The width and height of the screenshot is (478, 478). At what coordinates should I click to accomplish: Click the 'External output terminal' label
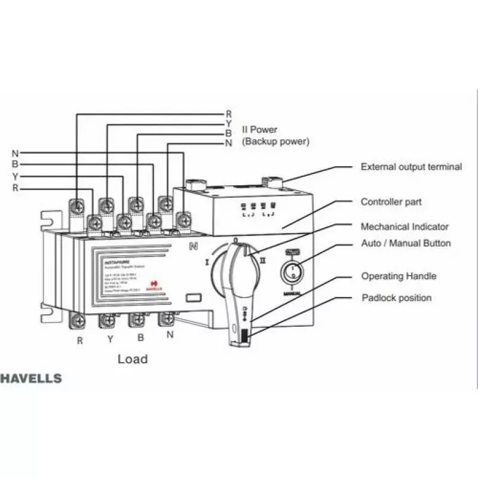click(x=411, y=167)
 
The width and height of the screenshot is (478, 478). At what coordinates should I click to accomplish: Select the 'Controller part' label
click(x=391, y=203)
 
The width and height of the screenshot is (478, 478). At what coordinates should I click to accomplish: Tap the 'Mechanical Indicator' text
click(x=405, y=227)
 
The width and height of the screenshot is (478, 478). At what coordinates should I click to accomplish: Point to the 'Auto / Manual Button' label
click(x=406, y=244)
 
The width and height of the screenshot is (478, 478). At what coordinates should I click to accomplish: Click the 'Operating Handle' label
click(x=399, y=277)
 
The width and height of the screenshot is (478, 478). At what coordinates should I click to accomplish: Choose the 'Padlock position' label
click(x=396, y=298)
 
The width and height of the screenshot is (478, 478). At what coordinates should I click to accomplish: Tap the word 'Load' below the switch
click(x=133, y=359)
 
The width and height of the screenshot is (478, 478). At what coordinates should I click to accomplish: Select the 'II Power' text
click(x=259, y=130)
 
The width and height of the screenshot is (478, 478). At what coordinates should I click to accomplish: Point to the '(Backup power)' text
click(x=275, y=142)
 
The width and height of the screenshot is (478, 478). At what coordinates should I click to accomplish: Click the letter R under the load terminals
click(x=79, y=341)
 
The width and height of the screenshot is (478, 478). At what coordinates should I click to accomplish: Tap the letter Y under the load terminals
click(x=110, y=339)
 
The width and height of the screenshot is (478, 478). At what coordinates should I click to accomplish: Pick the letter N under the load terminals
click(x=170, y=335)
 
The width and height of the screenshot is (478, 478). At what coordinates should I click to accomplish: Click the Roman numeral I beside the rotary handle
click(x=207, y=262)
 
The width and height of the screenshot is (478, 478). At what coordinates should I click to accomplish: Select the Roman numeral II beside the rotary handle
click(x=263, y=261)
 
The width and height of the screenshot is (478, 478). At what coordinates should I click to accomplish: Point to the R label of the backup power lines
click(x=228, y=114)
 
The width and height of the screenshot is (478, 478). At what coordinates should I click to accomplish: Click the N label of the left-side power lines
click(x=15, y=152)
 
